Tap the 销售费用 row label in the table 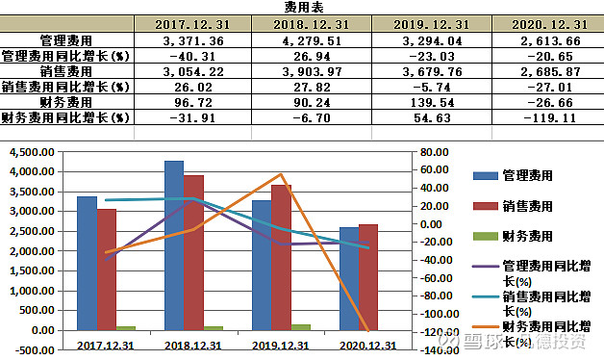pos(66,71)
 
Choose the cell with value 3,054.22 pos(192,71)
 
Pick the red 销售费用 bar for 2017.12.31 pos(106,270)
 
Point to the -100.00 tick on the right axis pos(434,314)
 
